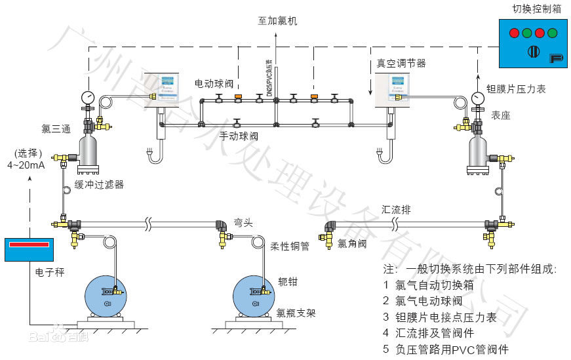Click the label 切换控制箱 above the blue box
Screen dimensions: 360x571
(536, 9)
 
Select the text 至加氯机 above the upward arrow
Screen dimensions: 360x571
(277, 21)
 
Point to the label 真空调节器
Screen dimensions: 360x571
(401, 64)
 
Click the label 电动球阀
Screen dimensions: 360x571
(214, 84)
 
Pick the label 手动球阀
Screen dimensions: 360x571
(238, 137)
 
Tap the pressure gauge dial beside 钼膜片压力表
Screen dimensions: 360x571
(477, 98)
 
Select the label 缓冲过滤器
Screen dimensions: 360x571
(99, 185)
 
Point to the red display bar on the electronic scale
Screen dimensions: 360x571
(29, 245)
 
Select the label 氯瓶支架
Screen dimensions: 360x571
(296, 313)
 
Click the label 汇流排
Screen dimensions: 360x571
(396, 210)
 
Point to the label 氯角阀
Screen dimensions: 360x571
(351, 244)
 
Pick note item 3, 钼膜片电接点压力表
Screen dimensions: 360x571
(446, 318)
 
